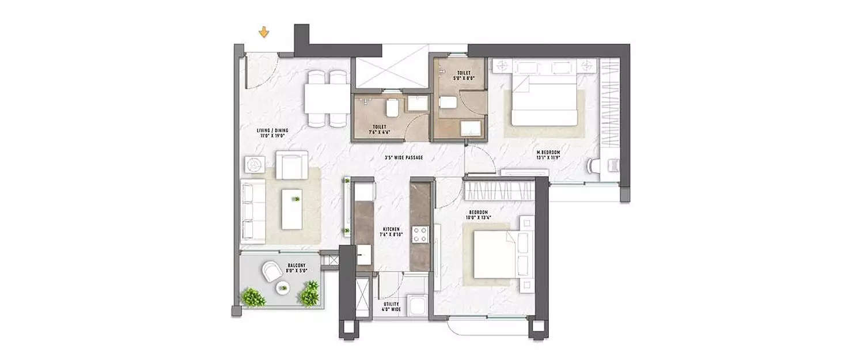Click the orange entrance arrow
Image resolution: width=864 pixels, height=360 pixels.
click(x=264, y=32)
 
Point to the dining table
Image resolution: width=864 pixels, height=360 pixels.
click(x=327, y=98)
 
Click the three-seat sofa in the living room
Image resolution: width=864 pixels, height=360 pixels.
click(x=253, y=210)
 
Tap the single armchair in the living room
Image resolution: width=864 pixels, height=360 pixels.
click(x=291, y=164)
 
